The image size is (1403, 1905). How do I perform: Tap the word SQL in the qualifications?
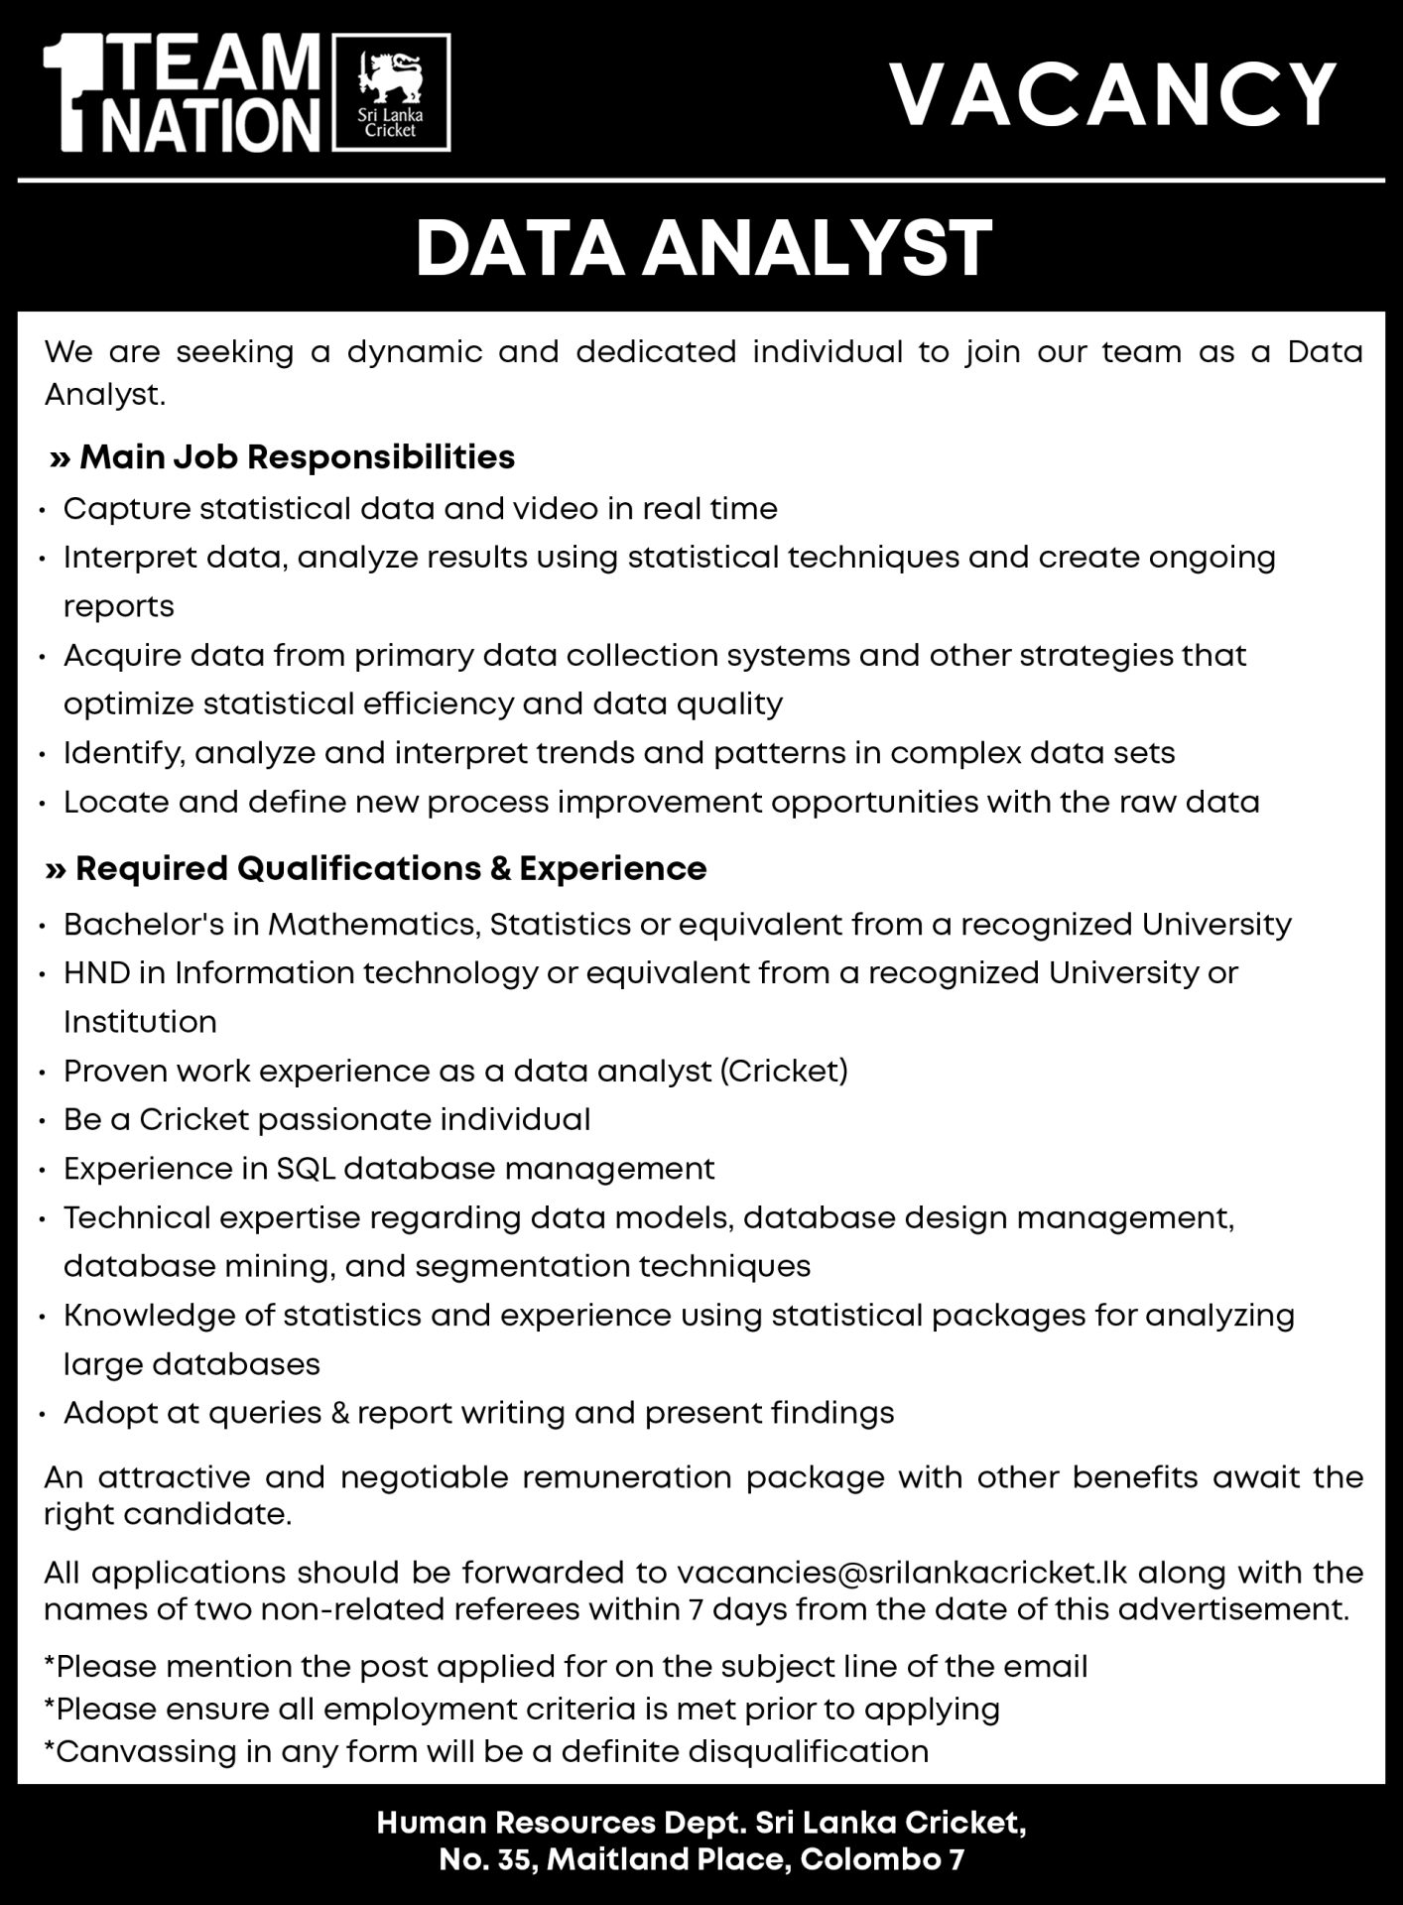tap(303, 1168)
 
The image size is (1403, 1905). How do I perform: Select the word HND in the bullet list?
tap(96, 972)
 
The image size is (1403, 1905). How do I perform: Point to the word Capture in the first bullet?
tap(126, 509)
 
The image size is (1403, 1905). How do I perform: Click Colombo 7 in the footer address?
tap(881, 1858)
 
